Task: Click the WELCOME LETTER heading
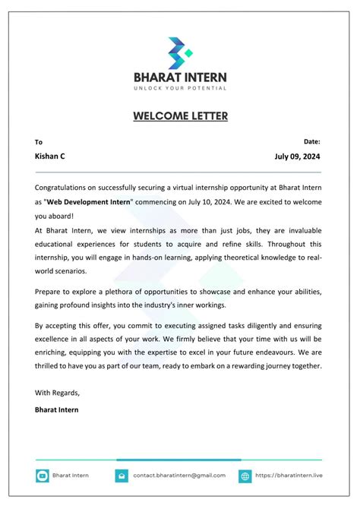coord(180,116)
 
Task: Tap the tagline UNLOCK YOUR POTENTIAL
coord(180,89)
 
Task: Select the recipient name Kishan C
coord(50,156)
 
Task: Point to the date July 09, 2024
coord(298,156)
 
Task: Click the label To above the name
coord(39,142)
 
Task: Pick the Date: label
coord(311,141)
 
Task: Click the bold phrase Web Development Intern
coord(89,201)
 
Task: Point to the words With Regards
coord(57,393)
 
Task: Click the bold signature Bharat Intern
coord(56,409)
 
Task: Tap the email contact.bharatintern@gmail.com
coord(179,476)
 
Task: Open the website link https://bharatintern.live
coord(289,476)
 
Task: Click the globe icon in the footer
coord(245,476)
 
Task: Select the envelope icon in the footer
coord(121,476)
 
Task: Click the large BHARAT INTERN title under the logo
coord(180,77)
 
